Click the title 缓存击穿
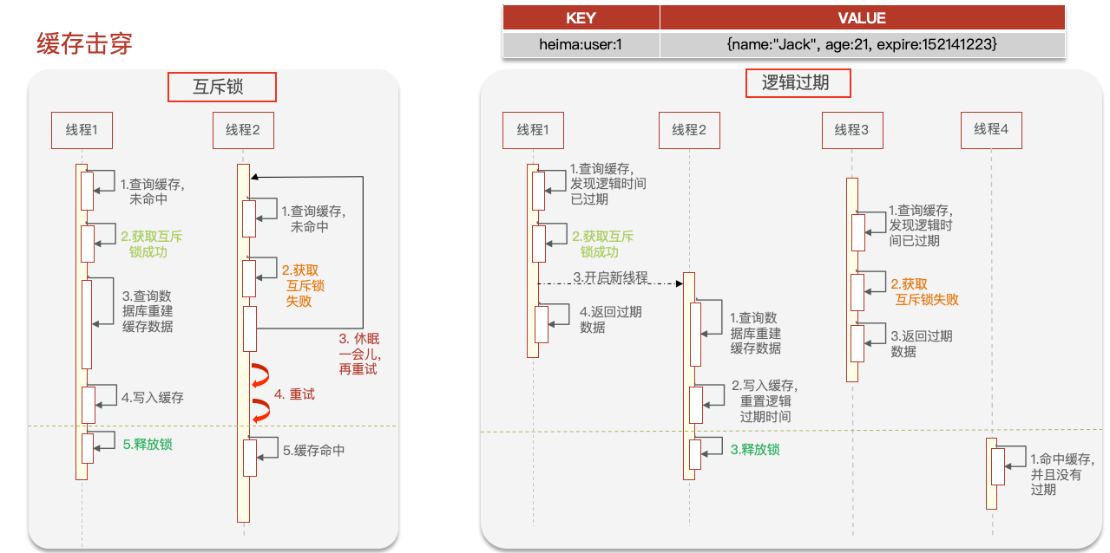(84, 43)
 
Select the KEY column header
(581, 18)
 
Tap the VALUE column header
(862, 18)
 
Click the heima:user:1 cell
(581, 44)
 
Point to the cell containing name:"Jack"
(862, 44)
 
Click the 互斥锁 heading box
(222, 88)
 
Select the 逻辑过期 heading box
(798, 82)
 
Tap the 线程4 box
(991, 130)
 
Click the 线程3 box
(852, 130)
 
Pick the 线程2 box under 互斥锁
(243, 130)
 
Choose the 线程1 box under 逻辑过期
(533, 130)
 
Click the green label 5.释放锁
(148, 444)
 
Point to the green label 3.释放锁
(755, 450)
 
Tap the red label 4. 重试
(294, 394)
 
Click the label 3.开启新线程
(610, 277)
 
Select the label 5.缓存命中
(313, 451)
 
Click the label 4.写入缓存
(153, 398)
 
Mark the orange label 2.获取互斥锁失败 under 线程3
(924, 292)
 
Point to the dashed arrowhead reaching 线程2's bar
(680, 283)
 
